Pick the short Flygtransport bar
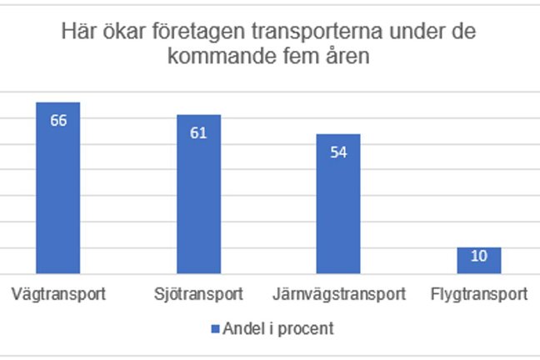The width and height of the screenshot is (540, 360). pyautogui.click(x=479, y=261)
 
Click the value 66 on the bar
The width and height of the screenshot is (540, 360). pyautogui.click(x=57, y=120)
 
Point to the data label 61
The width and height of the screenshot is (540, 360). pyautogui.click(x=198, y=132)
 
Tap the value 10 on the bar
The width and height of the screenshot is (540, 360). pyautogui.click(x=479, y=257)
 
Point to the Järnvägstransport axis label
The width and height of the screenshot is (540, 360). pyautogui.click(x=339, y=294)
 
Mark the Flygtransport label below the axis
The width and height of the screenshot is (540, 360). pyautogui.click(x=479, y=294)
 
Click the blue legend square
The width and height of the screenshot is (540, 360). pyautogui.click(x=215, y=328)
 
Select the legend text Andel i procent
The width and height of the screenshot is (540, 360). pyautogui.click(x=277, y=328)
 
